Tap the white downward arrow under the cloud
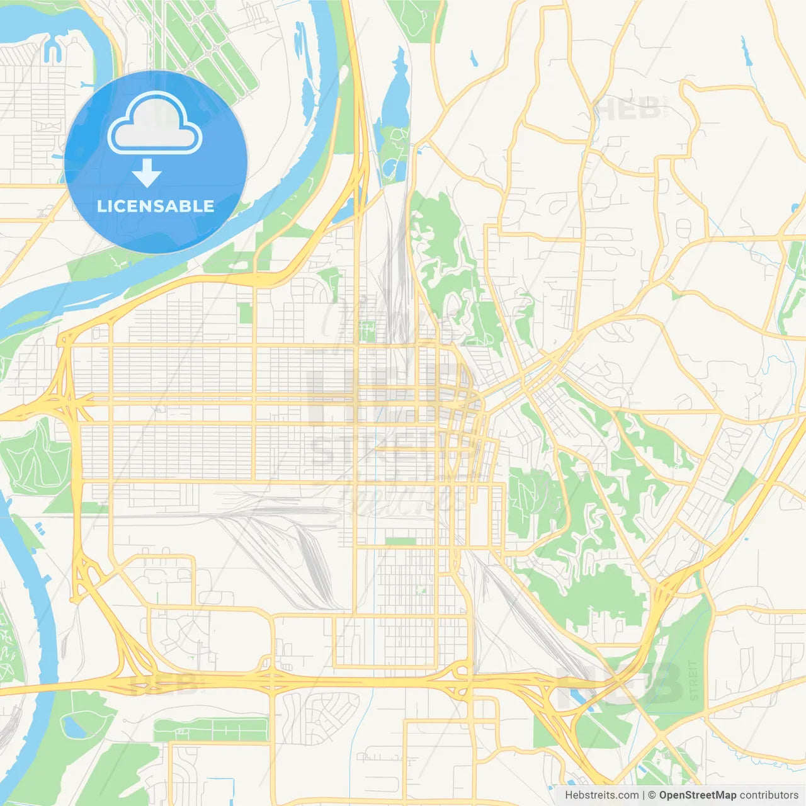coord(147,173)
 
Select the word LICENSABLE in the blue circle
coord(156,206)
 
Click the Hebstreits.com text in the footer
coord(601,795)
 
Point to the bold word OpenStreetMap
coord(698,795)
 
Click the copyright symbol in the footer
coord(652,795)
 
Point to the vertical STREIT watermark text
coord(694,680)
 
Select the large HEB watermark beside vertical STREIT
coord(620,683)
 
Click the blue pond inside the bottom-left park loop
coord(74,727)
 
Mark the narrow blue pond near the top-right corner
coord(747,53)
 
